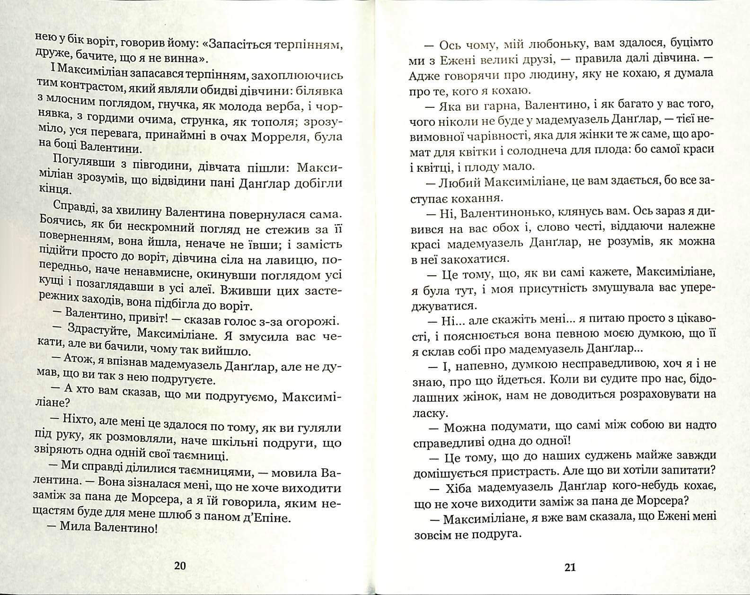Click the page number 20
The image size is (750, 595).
click(180, 566)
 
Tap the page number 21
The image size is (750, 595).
click(570, 567)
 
